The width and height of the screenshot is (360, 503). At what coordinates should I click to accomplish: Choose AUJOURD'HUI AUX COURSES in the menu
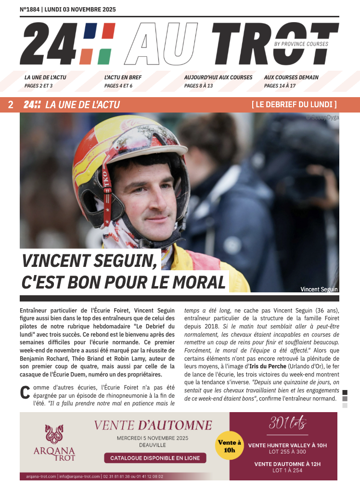pyautogui.click(x=218, y=77)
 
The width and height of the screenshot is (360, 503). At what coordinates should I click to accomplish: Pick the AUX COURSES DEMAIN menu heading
pyautogui.click(x=291, y=77)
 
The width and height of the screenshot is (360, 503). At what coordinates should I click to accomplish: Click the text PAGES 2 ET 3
pyautogui.click(x=39, y=86)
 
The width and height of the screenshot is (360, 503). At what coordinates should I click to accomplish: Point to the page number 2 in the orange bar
pyautogui.click(x=11, y=105)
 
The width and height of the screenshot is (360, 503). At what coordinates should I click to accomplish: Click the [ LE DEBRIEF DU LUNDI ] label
pyautogui.click(x=294, y=105)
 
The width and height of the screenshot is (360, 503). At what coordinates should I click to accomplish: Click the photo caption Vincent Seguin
pyautogui.click(x=319, y=289)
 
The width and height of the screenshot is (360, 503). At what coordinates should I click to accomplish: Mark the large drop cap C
pyautogui.click(x=25, y=392)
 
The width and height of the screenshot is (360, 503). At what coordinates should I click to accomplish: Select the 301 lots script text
pyautogui.click(x=287, y=424)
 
